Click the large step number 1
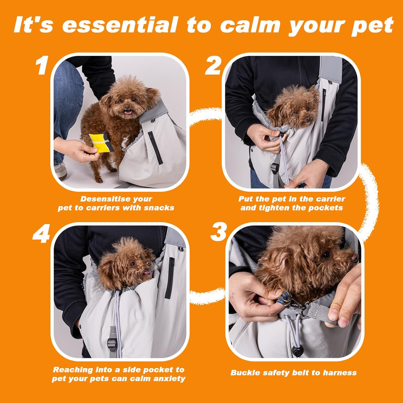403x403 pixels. [x=42, y=66]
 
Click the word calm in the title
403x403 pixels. [x=250, y=25]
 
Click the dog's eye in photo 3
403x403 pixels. [x=326, y=254]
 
